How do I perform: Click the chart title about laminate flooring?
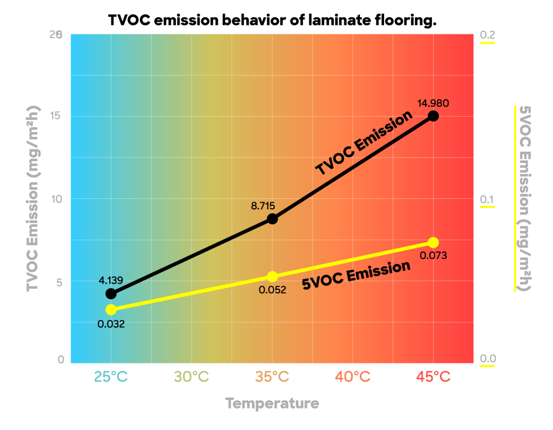pos(272,21)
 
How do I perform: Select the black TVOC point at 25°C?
pos(111,293)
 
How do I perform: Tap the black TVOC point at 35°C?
pos(272,219)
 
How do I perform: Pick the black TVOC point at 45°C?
pos(433,116)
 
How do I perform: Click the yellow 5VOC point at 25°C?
pos(111,310)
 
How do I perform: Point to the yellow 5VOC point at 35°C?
pos(272,277)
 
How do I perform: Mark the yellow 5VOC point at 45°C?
pos(433,242)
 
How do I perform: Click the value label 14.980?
pos(433,103)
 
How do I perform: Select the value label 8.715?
pos(263,205)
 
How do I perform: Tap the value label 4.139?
pos(111,280)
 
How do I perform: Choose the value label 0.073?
pos(433,256)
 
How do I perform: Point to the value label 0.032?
pos(111,324)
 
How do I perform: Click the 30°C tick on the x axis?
pos(192,377)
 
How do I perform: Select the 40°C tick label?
pos(353,377)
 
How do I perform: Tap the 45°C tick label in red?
pos(433,377)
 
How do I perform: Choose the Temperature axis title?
pos(272,403)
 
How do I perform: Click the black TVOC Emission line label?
pos(364,143)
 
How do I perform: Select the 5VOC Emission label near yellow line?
pos(357,275)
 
